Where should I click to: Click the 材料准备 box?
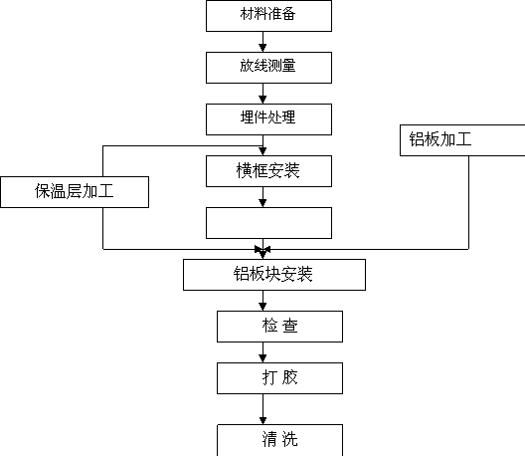coord(268,16)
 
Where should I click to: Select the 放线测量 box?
coord(268,68)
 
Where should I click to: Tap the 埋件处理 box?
coord(268,119)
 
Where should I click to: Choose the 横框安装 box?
coord(268,171)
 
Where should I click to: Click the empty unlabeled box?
coord(268,223)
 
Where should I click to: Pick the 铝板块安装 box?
coord(274,275)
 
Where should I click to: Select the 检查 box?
coord(280,327)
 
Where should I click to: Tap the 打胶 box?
coord(280,378)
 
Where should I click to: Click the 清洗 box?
coord(280,440)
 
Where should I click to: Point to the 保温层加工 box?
coord(75,192)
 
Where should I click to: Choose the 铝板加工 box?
coord(462,140)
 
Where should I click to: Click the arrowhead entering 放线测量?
coord(262,48)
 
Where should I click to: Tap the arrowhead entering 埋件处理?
coord(262,100)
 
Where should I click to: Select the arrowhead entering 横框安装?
coord(262,151)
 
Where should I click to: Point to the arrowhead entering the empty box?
coord(262,203)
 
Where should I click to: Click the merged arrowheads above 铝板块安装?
coord(262,252)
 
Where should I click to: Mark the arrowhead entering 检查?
coord(262,307)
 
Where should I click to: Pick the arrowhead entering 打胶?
coord(262,358)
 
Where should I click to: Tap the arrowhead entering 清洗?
coord(262,420)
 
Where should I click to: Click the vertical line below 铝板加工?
coord(468,202)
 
